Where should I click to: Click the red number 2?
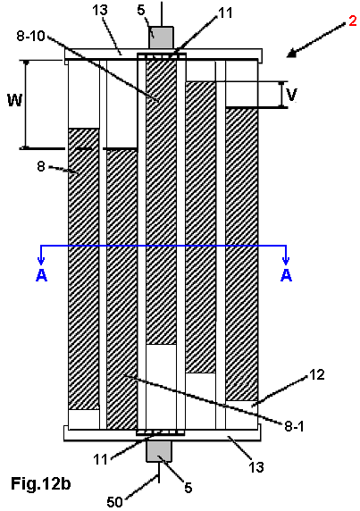point(353,21)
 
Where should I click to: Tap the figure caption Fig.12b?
point(41,483)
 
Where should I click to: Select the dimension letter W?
point(15,100)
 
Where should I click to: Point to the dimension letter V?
point(291,95)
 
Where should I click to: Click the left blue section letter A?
point(41,275)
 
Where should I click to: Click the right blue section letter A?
point(286,275)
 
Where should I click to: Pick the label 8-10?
point(30,36)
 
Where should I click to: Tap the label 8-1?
point(294,426)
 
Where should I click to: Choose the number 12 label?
point(316,375)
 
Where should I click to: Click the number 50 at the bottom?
point(114,502)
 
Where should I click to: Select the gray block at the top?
point(161,38)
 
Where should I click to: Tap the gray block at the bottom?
point(159,451)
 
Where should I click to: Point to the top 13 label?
point(100,10)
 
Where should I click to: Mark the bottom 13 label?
point(256,467)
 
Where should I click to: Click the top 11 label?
point(225,13)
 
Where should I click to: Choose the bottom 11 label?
point(100,459)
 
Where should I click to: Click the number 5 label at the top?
point(141,10)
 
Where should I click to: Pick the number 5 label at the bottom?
point(188,488)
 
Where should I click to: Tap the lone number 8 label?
point(41,166)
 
